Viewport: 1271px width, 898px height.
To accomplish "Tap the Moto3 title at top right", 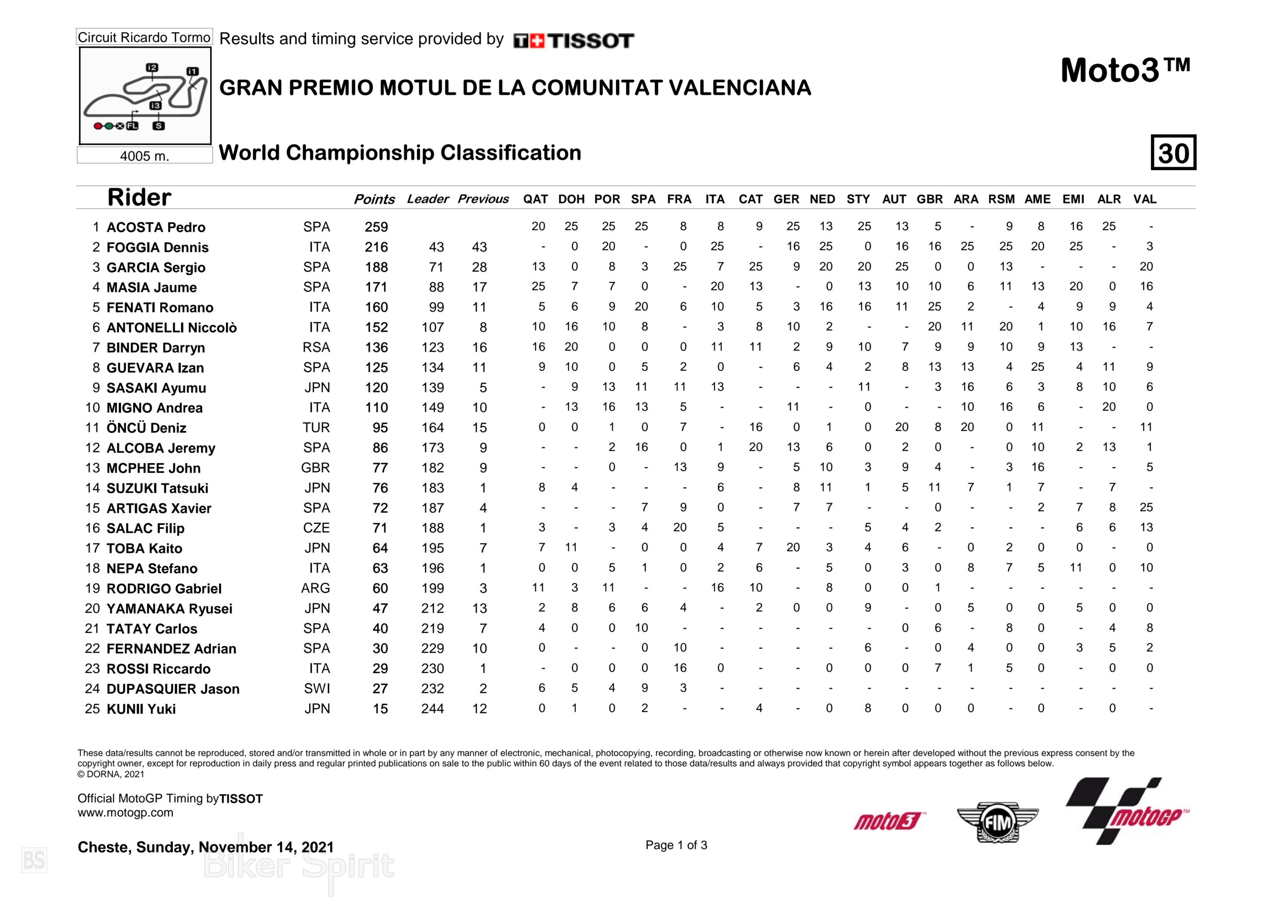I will coord(1125,71).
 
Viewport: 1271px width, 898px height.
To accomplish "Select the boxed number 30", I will coord(1173,152).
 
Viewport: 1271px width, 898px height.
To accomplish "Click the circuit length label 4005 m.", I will coord(144,156).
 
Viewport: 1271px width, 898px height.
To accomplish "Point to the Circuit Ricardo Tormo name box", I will coord(144,37).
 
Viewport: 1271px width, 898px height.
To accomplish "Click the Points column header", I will coord(374,200).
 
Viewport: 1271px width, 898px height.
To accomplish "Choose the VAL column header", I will coord(1145,200).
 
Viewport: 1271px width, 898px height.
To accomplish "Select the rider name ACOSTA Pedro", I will coord(155,227).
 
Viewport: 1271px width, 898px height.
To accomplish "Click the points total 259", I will coord(376,227).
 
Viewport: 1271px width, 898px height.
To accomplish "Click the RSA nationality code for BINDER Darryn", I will coord(316,347).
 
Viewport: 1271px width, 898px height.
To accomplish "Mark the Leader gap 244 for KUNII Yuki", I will coord(432,709).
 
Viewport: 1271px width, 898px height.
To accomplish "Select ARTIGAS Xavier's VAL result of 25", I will coord(1146,508).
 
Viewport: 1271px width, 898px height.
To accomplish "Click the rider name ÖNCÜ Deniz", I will coord(146,428).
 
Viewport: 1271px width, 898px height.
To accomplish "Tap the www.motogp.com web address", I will coord(125,813).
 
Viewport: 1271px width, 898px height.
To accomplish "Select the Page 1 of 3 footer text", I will coord(676,845).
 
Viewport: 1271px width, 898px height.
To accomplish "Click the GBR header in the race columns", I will coord(929,200).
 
